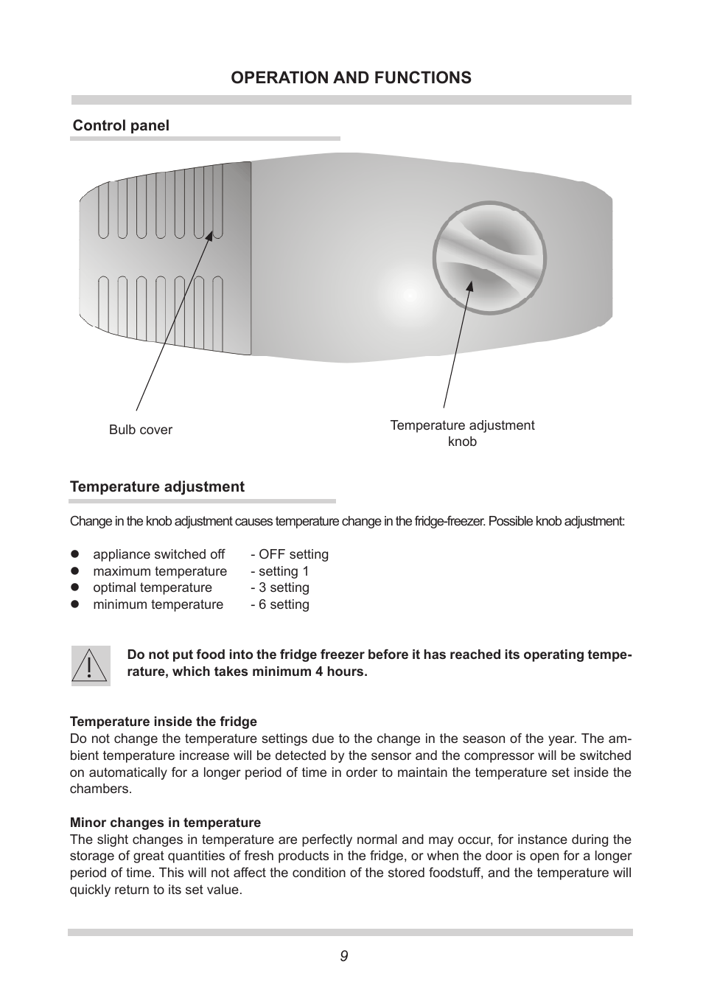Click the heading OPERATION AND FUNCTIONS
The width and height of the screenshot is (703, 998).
[x=351, y=78]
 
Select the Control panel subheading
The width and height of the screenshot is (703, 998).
[x=121, y=126]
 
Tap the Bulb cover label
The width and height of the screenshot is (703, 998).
[x=140, y=430]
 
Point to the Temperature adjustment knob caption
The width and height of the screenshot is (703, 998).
[x=462, y=433]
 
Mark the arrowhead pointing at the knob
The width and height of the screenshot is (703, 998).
[x=469, y=286]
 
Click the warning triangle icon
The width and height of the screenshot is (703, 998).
[x=91, y=666]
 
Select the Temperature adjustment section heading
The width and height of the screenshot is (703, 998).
[x=157, y=487]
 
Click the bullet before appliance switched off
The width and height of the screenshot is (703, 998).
[x=74, y=554]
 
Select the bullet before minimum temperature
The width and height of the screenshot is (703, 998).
[x=74, y=604]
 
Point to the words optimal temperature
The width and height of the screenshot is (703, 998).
[x=152, y=587]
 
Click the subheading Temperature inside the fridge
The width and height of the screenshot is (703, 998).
[x=163, y=722]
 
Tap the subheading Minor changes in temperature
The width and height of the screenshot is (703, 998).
[x=165, y=823]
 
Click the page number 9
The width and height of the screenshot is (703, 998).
[x=344, y=956]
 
